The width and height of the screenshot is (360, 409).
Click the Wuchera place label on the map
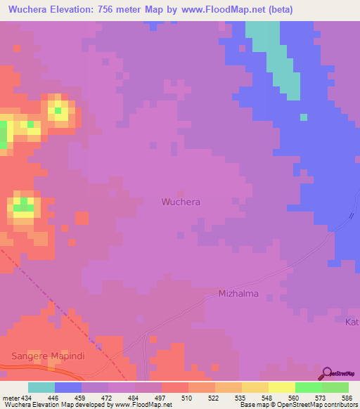[181, 202]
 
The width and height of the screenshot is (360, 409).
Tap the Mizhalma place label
[238, 294]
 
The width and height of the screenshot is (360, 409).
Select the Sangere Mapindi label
[48, 356]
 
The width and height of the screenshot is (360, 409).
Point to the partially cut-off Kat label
[352, 322]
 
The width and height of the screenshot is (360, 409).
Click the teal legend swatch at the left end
[41, 387]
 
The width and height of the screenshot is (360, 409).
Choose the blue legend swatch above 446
[68, 387]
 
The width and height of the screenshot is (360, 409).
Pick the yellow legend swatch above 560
[281, 387]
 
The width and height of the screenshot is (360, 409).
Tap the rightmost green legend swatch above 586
[335, 387]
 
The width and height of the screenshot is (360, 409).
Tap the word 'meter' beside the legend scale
[11, 397]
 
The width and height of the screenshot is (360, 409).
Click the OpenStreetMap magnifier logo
[326, 372]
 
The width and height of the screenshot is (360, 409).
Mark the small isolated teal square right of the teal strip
[304, 117]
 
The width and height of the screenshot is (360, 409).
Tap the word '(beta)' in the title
[276, 9]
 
